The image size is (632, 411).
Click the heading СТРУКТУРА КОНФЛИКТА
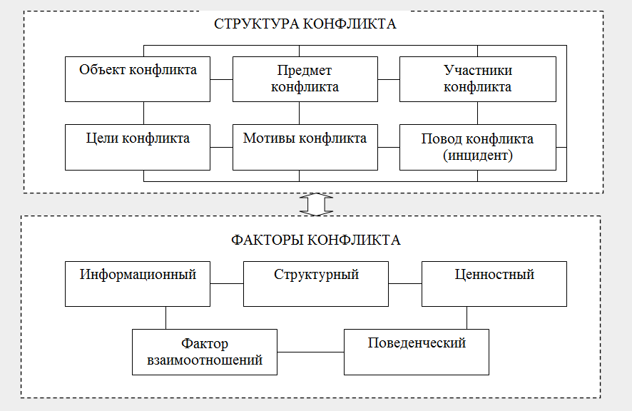[x=305, y=24]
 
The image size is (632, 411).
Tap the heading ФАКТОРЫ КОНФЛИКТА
[x=316, y=240]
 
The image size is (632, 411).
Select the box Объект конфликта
[x=138, y=78]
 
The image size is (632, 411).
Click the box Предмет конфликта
[x=305, y=78]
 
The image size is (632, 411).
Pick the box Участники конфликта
[x=477, y=78]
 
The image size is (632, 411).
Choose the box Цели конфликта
[x=138, y=147]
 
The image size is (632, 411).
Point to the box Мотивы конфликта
[x=305, y=147]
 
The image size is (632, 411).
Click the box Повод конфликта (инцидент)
[x=477, y=147]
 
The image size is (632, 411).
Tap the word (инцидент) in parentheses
[x=477, y=154]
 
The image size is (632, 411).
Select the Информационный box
[x=138, y=283]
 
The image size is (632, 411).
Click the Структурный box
[x=316, y=283]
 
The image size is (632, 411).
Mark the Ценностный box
[x=494, y=283]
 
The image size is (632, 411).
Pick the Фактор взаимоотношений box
[x=205, y=352]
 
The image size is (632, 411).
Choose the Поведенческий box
[x=417, y=352]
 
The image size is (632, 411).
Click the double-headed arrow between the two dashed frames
[x=316, y=204]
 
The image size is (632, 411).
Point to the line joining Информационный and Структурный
[x=227, y=283]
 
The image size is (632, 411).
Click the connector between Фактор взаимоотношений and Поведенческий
[x=310, y=352]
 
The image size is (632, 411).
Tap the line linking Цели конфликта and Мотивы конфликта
[x=222, y=147]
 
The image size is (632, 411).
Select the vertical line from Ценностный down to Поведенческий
[x=467, y=318]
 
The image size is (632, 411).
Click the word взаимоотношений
[x=205, y=360]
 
